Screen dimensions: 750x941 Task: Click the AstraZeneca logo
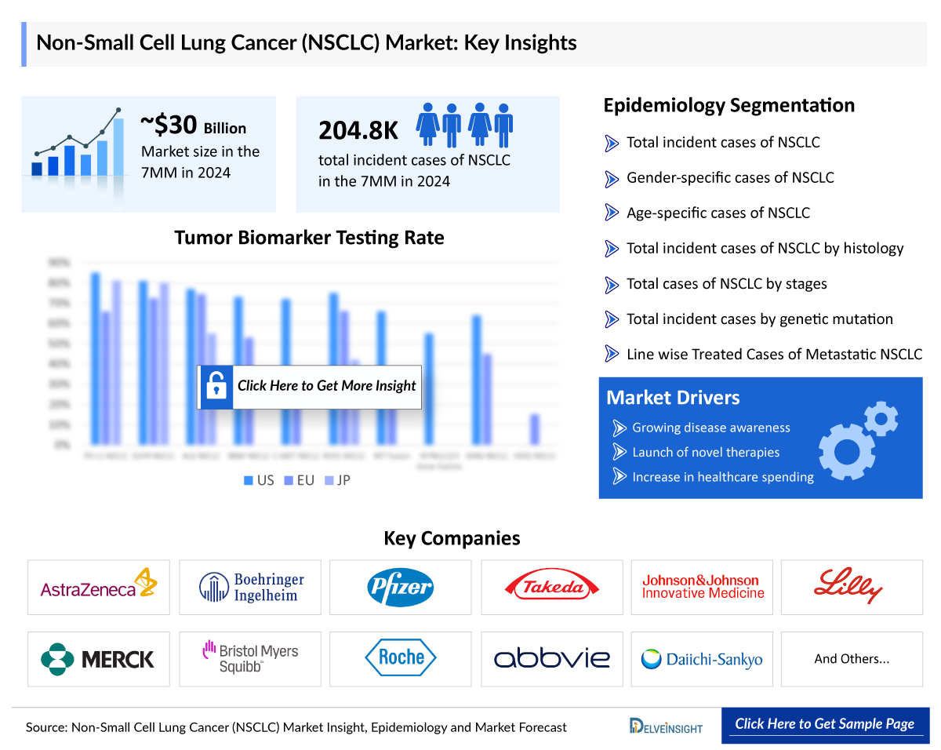[98, 587]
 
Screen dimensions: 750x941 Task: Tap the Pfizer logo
[400, 587]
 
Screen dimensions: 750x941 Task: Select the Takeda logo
[551, 587]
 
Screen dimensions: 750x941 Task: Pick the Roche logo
[400, 658]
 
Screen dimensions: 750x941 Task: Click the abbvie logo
[551, 658]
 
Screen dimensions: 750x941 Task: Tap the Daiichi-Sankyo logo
[701, 659]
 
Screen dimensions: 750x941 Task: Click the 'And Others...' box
[852, 659]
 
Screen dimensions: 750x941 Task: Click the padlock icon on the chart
[216, 386]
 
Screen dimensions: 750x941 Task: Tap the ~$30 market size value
[168, 125]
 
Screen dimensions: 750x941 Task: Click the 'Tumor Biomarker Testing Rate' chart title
[309, 238]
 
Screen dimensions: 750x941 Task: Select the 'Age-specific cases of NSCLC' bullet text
[718, 213]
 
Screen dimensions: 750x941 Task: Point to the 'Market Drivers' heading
[673, 398]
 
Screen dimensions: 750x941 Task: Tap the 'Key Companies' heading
[452, 538]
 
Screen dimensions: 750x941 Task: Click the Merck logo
[98, 658]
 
